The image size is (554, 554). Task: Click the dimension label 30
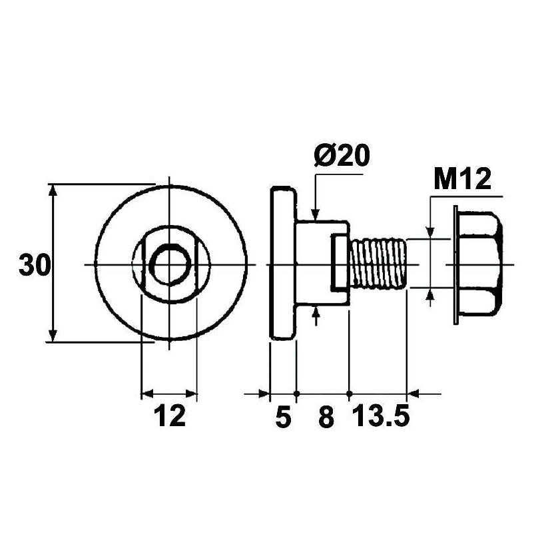(35, 265)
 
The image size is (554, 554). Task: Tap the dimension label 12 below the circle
(170, 416)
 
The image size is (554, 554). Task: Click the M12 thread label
(463, 179)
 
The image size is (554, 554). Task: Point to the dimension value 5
(284, 417)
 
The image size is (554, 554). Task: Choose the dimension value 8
(326, 417)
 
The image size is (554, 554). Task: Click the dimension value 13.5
(381, 416)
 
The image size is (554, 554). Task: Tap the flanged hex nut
(478, 265)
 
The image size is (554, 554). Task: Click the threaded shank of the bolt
(378, 264)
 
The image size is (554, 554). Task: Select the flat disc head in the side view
(282, 263)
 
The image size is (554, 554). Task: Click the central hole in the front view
(170, 264)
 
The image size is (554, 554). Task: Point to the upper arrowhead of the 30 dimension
(53, 190)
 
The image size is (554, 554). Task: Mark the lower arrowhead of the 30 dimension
(53, 336)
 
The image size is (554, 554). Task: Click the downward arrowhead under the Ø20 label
(316, 215)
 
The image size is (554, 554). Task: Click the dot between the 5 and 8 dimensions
(297, 394)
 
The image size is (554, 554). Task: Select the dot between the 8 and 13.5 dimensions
(350, 394)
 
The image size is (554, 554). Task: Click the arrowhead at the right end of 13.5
(413, 394)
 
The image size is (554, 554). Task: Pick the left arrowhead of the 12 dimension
(147, 394)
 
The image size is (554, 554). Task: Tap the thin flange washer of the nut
(456, 265)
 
